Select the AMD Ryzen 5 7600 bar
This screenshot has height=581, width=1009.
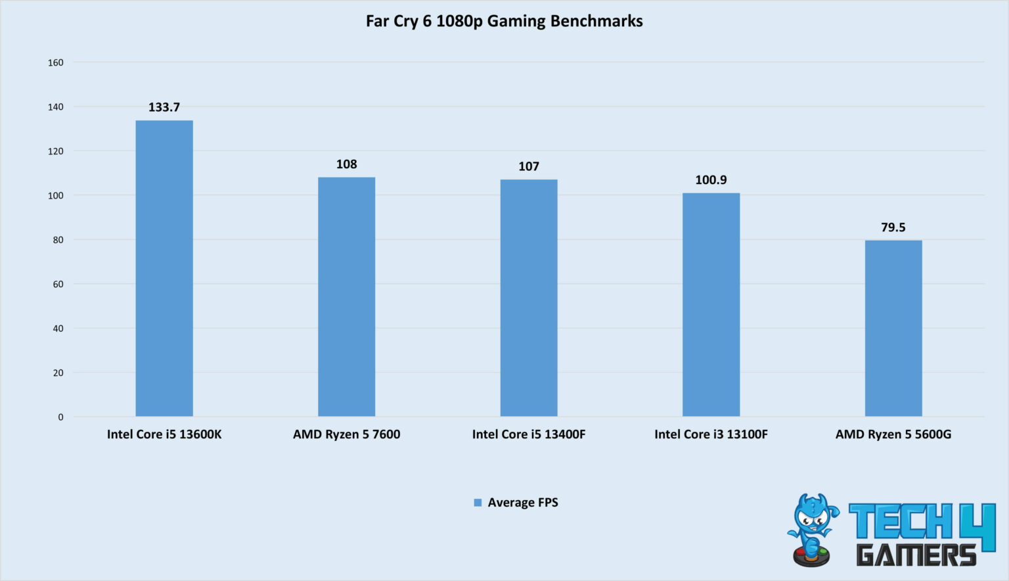click(346, 296)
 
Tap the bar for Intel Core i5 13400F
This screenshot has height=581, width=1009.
click(529, 298)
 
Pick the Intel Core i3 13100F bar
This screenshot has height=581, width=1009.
click(711, 304)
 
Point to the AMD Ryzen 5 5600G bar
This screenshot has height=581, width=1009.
click(893, 328)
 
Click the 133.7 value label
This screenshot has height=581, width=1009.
click(164, 107)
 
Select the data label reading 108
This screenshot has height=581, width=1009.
click(346, 164)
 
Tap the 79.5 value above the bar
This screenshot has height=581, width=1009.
click(893, 227)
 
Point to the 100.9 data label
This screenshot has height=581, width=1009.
click(711, 180)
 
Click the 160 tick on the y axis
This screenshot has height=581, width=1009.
click(56, 62)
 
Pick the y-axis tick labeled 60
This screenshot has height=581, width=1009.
click(58, 284)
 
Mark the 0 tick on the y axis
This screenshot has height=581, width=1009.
click(61, 417)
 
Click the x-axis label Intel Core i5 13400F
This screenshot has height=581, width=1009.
click(529, 434)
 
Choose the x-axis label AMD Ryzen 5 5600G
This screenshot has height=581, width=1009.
click(893, 434)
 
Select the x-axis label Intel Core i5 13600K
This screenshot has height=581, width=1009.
click(164, 434)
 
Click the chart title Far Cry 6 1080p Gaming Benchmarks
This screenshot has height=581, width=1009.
click(504, 21)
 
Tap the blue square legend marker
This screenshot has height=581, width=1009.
click(478, 503)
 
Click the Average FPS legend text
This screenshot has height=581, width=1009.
click(523, 503)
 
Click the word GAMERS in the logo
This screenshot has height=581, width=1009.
click(916, 555)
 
